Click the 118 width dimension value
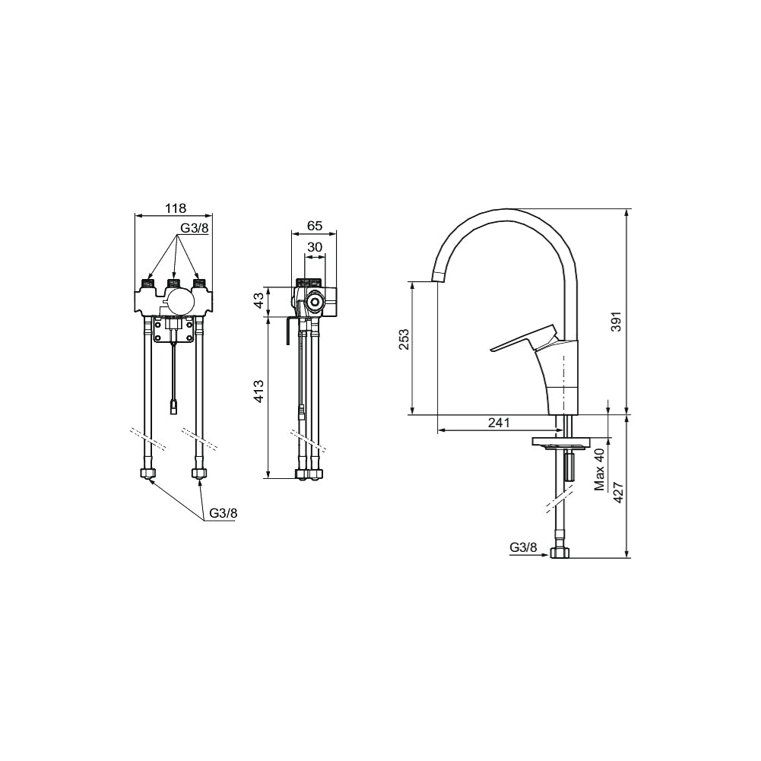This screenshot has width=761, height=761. [175, 208]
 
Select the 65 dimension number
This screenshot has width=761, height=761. [315, 226]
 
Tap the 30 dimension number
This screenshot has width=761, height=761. [315, 247]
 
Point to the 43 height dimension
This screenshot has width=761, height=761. [259, 299]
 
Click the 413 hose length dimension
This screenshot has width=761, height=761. [259, 392]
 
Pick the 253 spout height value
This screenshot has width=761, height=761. [404, 339]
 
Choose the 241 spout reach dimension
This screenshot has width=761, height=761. [499, 423]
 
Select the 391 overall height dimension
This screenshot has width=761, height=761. [616, 322]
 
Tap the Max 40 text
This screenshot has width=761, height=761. [601, 469]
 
